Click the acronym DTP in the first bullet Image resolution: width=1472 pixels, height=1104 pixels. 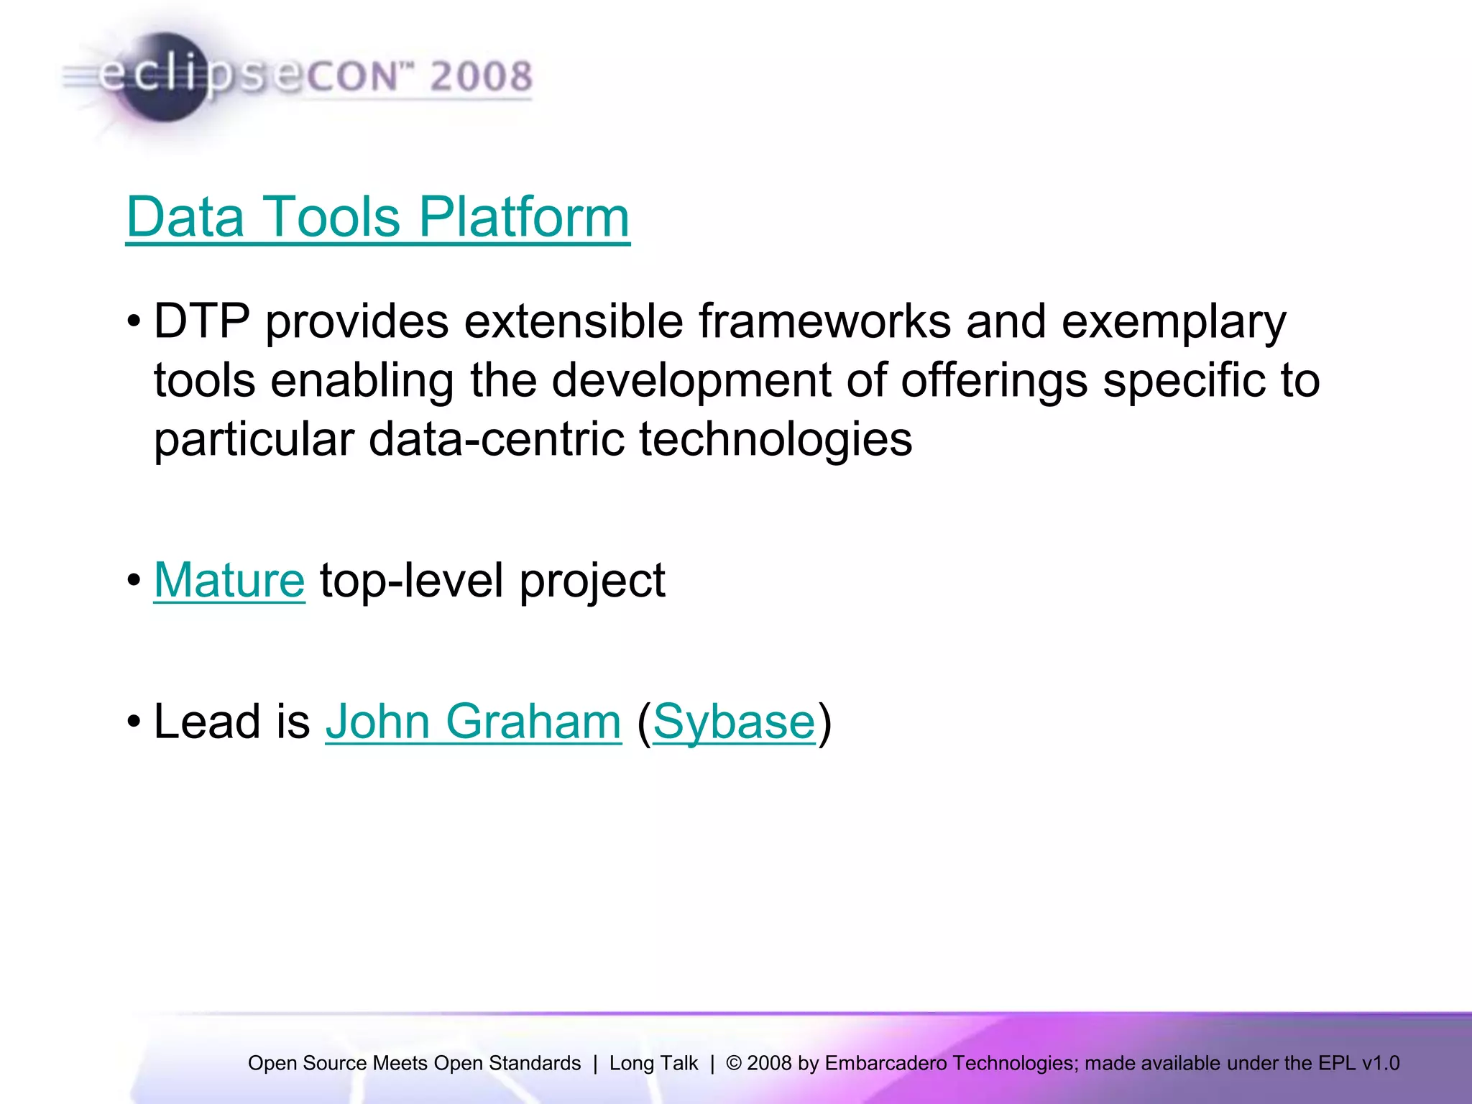[202, 321]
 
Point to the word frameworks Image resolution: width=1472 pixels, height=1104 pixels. [824, 321]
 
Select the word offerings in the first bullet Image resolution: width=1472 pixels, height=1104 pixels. [994, 381]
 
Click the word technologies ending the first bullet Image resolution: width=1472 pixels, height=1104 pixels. [776, 441]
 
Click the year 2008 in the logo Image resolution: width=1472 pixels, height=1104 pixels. [481, 76]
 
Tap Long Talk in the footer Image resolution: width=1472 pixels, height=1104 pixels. [653, 1063]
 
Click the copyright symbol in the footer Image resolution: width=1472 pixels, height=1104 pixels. [734, 1063]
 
